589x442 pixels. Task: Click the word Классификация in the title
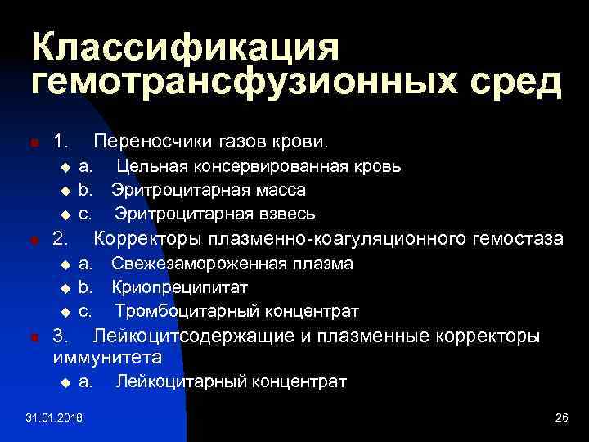tap(185, 47)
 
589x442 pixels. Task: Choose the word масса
tap(279, 191)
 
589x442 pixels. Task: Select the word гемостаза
tap(519, 240)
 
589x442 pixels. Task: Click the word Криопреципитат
tap(179, 288)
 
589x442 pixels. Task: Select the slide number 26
tap(560, 419)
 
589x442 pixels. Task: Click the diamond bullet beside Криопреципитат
tap(66, 289)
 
